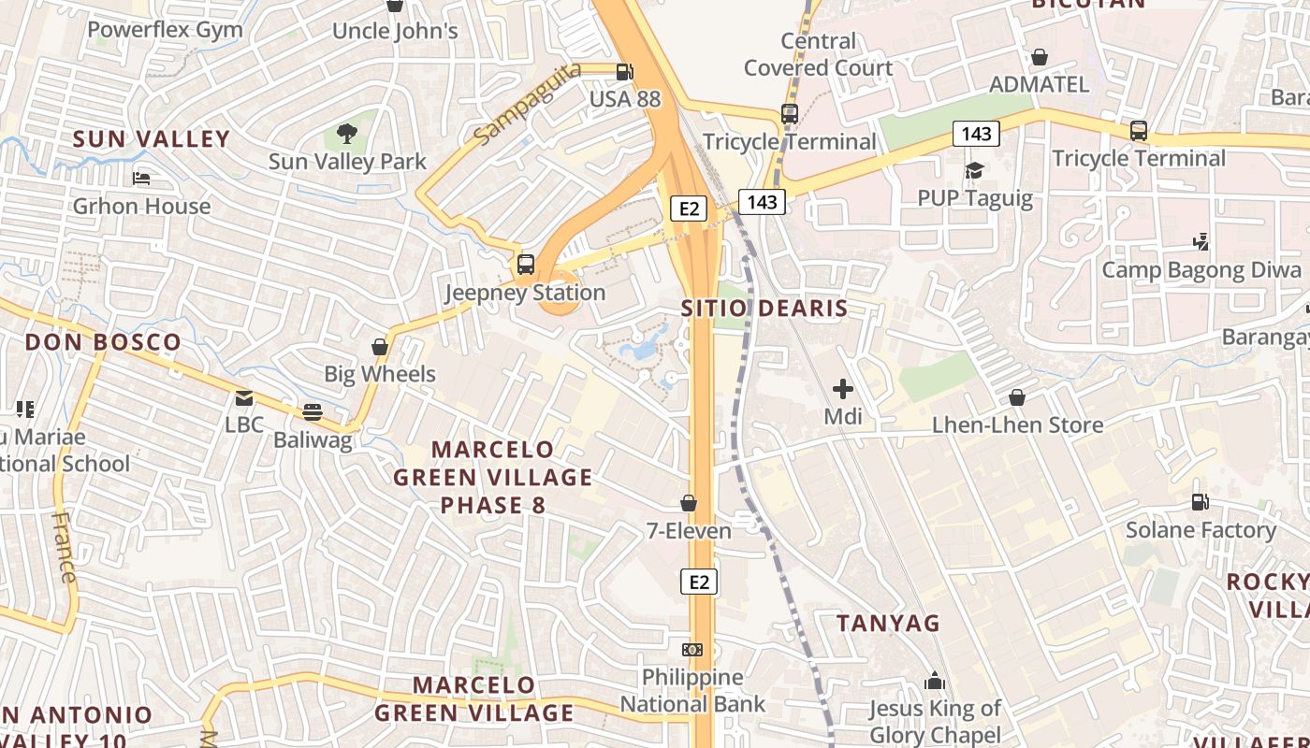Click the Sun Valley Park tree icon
347,134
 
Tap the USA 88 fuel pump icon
624,72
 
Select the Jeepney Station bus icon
526,265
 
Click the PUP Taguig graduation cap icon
975,170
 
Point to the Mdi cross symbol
842,388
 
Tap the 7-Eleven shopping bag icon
689,504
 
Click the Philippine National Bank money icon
692,649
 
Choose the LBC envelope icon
244,398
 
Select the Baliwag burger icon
313,412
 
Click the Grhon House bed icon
141,178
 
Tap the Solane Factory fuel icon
1200,503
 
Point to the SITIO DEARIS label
764,309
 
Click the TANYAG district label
887,623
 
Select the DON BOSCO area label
103,342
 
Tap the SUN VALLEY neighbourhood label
152,139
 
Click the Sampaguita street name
527,105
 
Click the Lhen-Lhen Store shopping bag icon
1017,398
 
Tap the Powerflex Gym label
165,30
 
